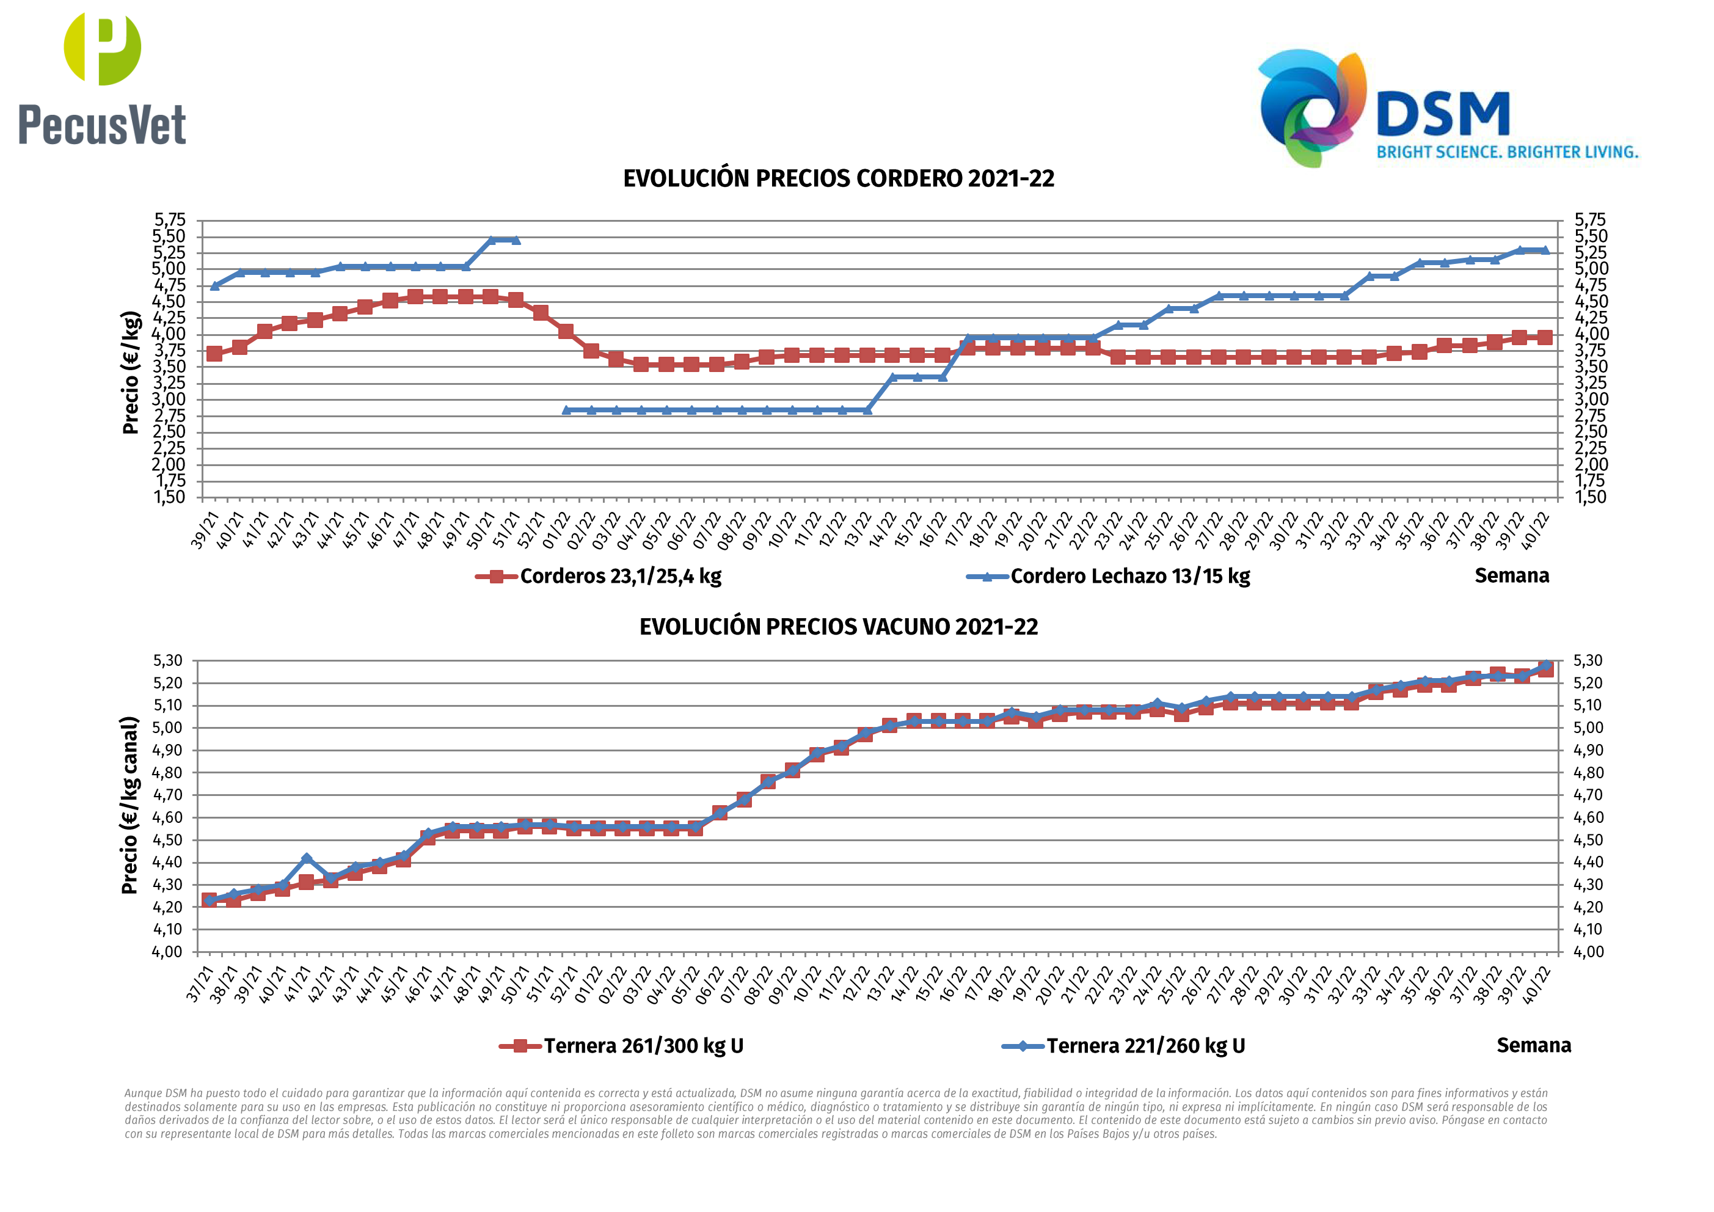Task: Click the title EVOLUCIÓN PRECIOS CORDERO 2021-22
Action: [838, 179]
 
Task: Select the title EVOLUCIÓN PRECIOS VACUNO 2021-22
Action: [838, 627]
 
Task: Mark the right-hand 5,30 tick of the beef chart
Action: [1588, 661]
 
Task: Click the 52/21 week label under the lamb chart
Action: [531, 530]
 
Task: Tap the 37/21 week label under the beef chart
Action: [200, 984]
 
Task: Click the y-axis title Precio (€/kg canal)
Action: [130, 805]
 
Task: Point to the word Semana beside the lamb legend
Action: [1512, 575]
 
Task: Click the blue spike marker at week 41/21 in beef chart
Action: [306, 859]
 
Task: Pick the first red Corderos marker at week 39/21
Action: [214, 354]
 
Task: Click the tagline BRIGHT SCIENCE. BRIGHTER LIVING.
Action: [1507, 152]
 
